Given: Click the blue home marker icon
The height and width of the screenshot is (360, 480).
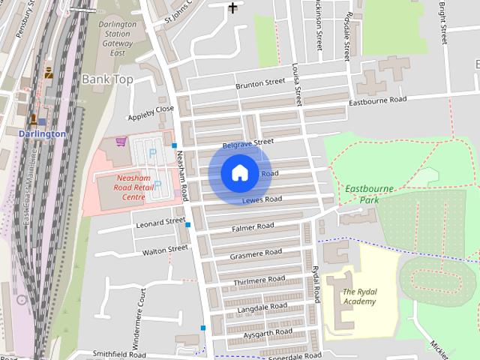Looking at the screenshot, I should coord(239,173).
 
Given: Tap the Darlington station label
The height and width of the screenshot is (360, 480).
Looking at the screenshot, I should coord(42,133).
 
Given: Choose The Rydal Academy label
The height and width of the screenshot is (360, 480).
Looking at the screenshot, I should coord(359,296).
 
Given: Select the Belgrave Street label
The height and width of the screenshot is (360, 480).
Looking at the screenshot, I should coord(248,142).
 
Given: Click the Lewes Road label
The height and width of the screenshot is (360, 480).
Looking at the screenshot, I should coord(262,200).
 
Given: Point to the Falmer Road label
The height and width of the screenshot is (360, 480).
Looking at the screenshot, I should coord(253,226).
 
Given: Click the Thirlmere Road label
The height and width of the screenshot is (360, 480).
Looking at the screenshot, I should coord(259,280).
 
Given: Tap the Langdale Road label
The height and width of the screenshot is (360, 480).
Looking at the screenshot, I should coord(262,306).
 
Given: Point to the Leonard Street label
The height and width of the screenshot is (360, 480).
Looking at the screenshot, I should coord(160,223).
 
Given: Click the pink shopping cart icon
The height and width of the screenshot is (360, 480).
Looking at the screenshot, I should coord(120,140).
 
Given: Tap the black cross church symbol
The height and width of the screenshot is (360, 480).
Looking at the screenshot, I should coord(233,8).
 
